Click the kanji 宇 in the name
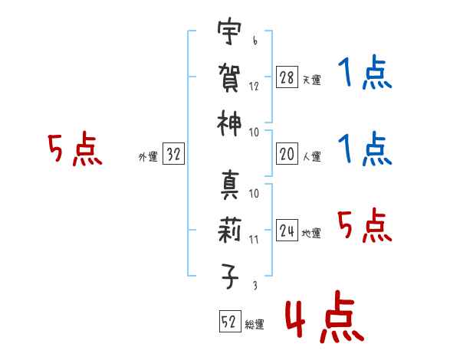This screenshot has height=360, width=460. [x=229, y=31]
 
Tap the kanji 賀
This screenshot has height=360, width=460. [x=229, y=77]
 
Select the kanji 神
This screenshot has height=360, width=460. [x=229, y=123]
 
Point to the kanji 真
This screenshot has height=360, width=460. [x=229, y=185]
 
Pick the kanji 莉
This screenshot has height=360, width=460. [x=229, y=230]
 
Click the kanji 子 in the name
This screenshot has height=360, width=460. [x=229, y=277]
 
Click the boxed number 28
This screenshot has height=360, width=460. [x=287, y=77]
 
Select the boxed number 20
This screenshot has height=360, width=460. [x=287, y=154]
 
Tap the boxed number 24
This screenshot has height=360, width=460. [x=287, y=230]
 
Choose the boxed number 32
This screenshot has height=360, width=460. [x=173, y=153]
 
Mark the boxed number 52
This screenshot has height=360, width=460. [x=230, y=321]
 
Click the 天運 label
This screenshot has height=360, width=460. [x=312, y=80]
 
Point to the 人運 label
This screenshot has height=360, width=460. [x=312, y=156]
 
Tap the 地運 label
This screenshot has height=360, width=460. [x=311, y=233]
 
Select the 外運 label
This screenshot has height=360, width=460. [x=148, y=157]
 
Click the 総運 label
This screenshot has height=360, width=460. [x=255, y=325]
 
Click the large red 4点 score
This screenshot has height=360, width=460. [x=325, y=316]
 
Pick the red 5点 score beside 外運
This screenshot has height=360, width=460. [x=75, y=149]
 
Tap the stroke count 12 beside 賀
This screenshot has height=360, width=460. [x=254, y=87]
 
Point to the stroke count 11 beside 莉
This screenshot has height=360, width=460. [x=254, y=240]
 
